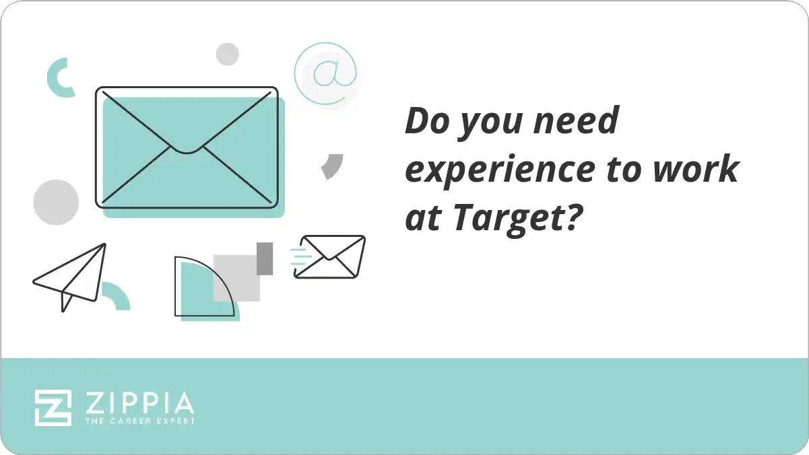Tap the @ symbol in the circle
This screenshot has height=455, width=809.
pyautogui.click(x=326, y=73)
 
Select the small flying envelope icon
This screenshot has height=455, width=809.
pyautogui.click(x=331, y=256)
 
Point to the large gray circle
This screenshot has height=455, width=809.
pyautogui.click(x=56, y=202)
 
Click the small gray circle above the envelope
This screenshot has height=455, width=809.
pyautogui.click(x=228, y=54)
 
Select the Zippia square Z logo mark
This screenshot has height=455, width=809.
pyautogui.click(x=53, y=407)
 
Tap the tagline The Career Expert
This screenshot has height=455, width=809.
pyautogui.click(x=139, y=421)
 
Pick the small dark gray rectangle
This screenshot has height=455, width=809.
pyautogui.click(x=265, y=258)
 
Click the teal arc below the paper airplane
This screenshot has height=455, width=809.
pyautogui.click(x=116, y=296)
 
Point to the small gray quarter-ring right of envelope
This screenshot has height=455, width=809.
pyautogui.click(x=332, y=166)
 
